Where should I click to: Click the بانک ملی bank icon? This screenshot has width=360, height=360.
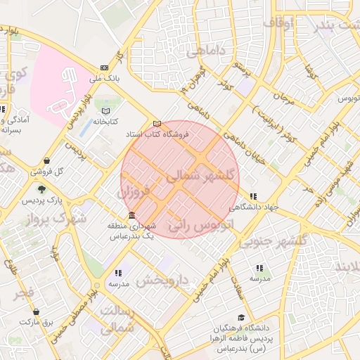tap(105, 68)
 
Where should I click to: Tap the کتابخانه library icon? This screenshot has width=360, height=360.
tap(106, 110)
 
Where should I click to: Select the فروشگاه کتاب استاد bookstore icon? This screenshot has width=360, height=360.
tap(156, 124)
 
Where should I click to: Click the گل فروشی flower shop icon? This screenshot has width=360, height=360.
tap(46, 161)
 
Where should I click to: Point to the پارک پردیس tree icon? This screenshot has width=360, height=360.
tap(41, 189)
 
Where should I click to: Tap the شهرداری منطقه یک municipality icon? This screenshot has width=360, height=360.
tap(132, 216)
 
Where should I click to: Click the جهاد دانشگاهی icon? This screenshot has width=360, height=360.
tap(253, 196)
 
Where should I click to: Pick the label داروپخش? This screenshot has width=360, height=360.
tap(163, 281)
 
